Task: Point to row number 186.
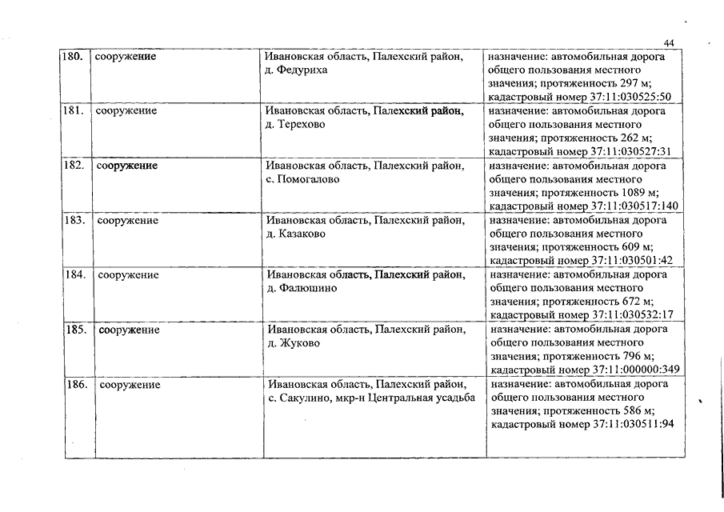(x=77, y=385)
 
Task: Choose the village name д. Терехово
(x=294, y=125)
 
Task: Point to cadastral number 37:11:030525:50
(x=630, y=97)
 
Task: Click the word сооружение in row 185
(x=130, y=330)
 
